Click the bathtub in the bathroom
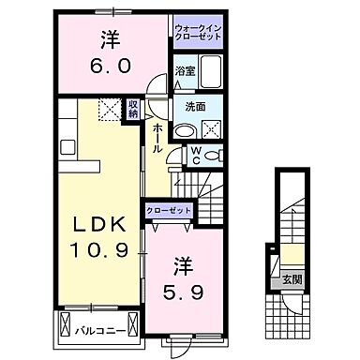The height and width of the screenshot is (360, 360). point(210,72)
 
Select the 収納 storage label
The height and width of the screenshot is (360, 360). point(134,110)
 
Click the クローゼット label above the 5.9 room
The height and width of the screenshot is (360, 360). point(168,212)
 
